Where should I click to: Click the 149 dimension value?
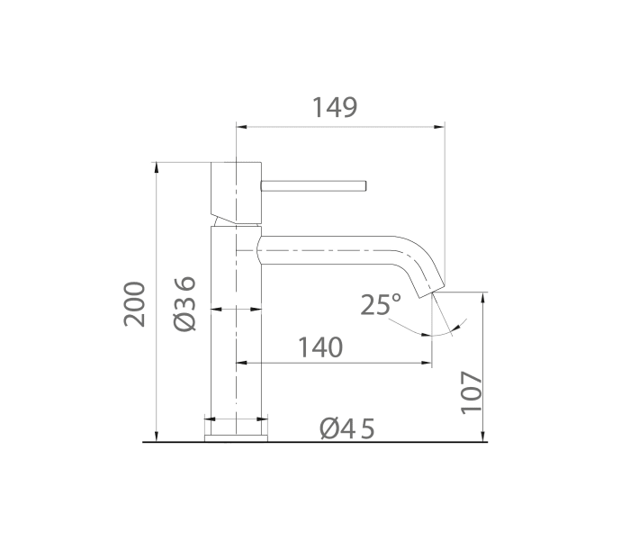[x=335, y=107]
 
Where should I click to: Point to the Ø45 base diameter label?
[x=346, y=428]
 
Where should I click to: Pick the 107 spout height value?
[x=472, y=392]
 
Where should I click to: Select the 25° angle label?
[x=381, y=305]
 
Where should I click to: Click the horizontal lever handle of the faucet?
[x=313, y=186]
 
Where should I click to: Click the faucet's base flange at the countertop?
[x=236, y=437]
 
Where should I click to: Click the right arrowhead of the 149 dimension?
[x=441, y=127]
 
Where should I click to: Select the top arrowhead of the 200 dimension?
[x=157, y=167]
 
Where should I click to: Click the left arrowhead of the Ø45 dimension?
[x=210, y=418]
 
